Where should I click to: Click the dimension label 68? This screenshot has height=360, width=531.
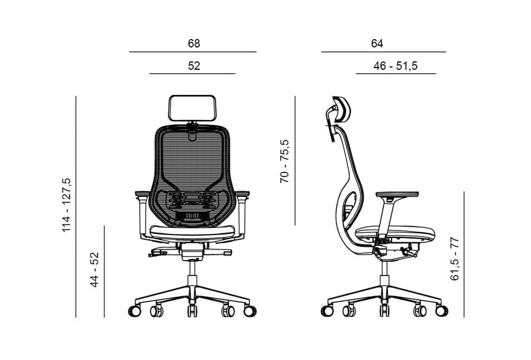[194, 44]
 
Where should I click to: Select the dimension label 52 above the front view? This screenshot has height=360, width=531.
[194, 66]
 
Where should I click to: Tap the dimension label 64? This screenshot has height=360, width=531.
[377, 44]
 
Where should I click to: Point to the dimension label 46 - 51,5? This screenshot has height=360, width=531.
[395, 66]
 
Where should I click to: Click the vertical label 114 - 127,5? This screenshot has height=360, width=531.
[67, 205]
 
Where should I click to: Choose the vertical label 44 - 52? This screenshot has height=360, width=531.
[95, 270]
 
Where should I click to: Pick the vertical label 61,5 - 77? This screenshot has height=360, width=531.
[455, 258]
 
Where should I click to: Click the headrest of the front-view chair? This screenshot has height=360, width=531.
[192, 108]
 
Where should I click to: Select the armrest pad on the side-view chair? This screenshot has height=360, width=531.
[397, 194]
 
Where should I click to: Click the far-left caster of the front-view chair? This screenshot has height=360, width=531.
[134, 311]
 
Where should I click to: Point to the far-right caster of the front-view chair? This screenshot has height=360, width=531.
[250, 311]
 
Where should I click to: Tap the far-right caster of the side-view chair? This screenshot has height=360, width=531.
[441, 311]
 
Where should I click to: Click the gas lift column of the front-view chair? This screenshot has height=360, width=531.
[192, 273]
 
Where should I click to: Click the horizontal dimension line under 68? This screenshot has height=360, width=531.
[192, 52]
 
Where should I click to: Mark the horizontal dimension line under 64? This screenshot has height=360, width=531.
[383, 52]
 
